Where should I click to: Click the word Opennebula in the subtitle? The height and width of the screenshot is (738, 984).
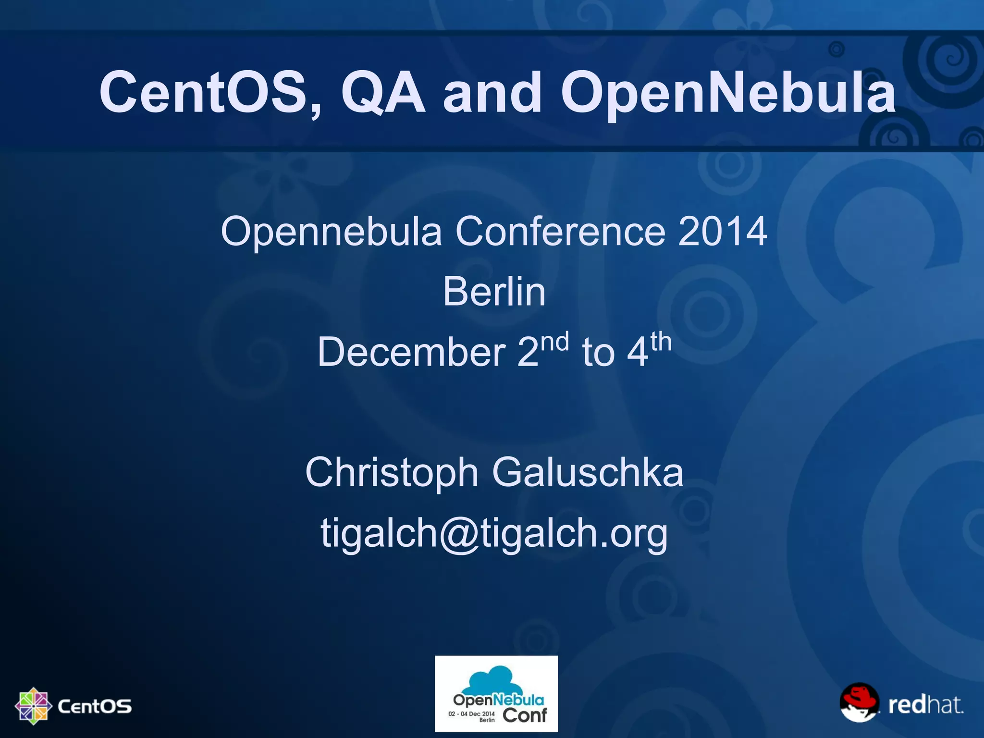point(331,232)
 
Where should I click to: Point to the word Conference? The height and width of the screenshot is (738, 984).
point(560,231)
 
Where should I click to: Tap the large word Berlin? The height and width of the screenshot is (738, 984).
point(494,292)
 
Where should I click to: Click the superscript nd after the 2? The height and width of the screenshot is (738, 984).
point(555,342)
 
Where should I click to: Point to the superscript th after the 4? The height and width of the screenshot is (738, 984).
point(661,342)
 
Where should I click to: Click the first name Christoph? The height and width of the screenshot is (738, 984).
point(392,473)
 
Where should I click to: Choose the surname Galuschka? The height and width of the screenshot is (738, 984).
point(587,473)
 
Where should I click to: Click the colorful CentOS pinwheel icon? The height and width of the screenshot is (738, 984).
point(33,706)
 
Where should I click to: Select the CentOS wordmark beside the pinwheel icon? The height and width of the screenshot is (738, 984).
point(95,706)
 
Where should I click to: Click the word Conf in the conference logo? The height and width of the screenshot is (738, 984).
point(525,715)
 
